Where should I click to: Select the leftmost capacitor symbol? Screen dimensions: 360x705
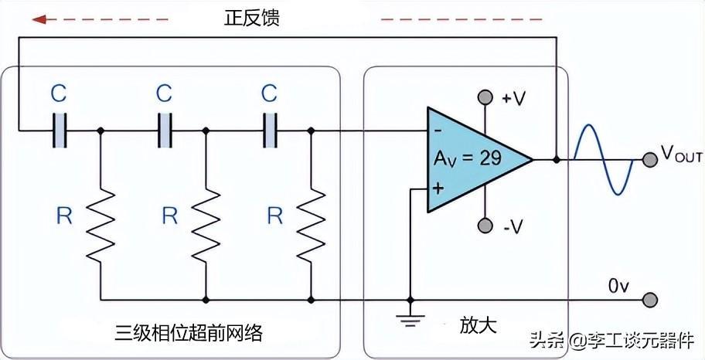[x=60, y=131]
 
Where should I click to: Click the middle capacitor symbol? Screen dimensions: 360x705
[x=165, y=131]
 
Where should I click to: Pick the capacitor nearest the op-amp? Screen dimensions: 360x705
[x=270, y=131]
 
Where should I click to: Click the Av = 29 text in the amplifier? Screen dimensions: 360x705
[x=467, y=158]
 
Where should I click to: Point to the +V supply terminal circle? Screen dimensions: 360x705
[x=485, y=97]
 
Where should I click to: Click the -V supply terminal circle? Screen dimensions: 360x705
[x=485, y=226]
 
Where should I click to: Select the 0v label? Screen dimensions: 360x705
[x=619, y=286]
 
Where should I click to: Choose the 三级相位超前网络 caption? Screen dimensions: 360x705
[x=189, y=334]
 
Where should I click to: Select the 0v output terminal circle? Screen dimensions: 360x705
[x=651, y=300]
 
